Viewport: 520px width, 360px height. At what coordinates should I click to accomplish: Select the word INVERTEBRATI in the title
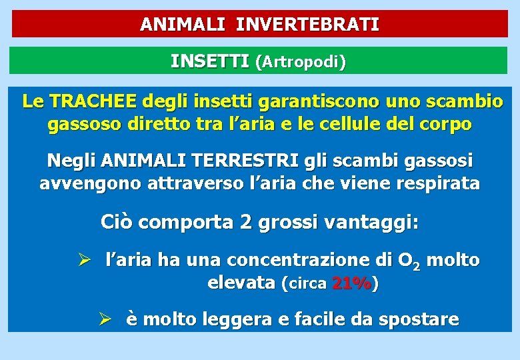coord(308,25)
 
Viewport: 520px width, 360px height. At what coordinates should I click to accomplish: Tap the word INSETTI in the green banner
coord(209,62)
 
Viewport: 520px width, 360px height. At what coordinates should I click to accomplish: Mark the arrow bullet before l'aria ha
coord(85,260)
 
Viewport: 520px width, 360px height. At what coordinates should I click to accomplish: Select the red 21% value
coord(351,283)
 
